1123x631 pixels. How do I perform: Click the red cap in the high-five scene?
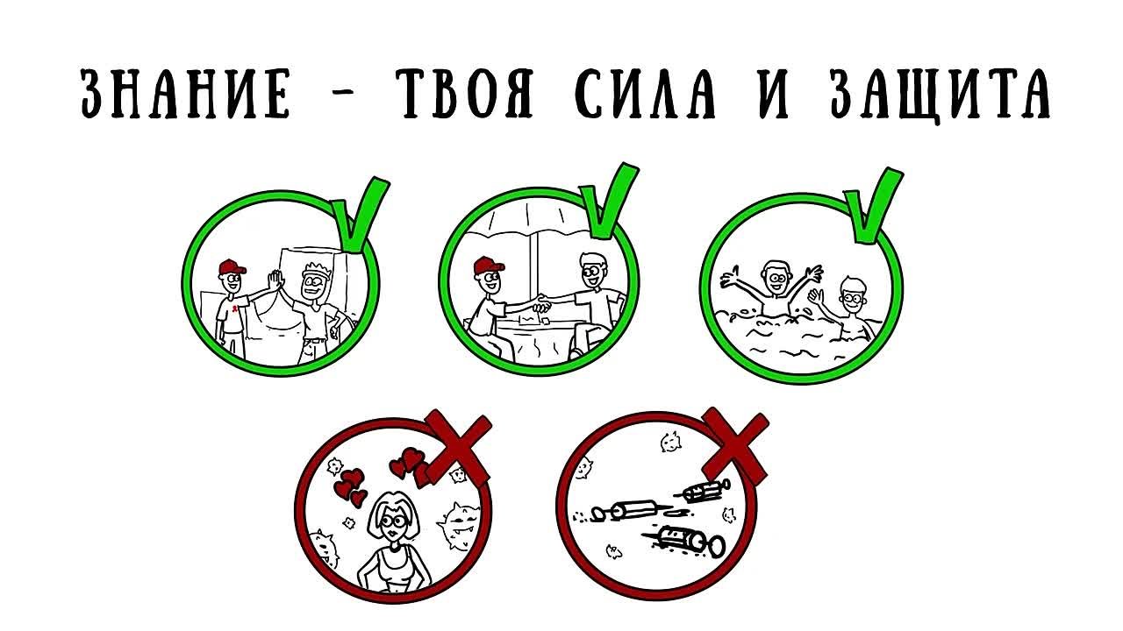tap(229, 266)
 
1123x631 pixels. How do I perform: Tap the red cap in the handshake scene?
tap(485, 263)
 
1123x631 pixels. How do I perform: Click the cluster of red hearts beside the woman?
tap(351, 485)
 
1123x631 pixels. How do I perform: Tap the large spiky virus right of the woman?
tap(457, 524)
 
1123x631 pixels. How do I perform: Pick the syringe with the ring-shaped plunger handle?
tap(688, 540)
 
